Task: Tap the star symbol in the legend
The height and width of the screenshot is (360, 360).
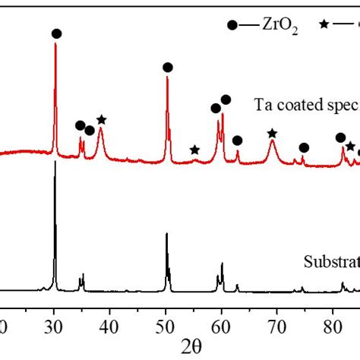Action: [x=322, y=25]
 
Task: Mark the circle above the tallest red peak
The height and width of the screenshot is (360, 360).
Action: [x=56, y=33]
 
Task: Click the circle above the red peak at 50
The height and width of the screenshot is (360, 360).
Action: [x=168, y=68]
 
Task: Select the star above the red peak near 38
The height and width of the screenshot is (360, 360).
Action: [x=102, y=119]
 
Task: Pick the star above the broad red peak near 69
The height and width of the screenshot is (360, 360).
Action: [x=273, y=134]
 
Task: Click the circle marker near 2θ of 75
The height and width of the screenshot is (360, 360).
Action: [x=304, y=147]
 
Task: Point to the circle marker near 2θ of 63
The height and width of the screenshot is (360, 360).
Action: [x=238, y=141]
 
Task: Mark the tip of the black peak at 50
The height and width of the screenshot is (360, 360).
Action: [x=167, y=233]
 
